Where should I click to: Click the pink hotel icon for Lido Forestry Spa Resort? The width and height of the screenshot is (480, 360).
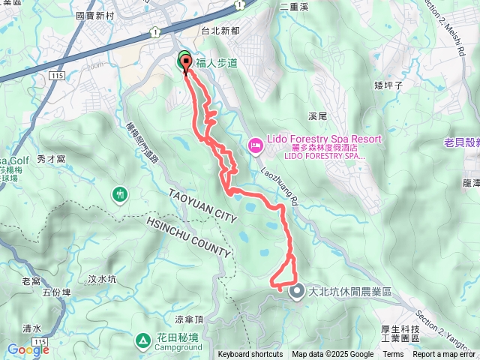[254, 143]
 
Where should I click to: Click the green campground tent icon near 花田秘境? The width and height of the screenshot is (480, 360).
[143, 340]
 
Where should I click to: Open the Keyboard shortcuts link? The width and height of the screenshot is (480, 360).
[250, 355]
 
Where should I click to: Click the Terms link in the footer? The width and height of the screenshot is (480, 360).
[393, 355]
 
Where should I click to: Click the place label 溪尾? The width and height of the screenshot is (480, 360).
[318, 116]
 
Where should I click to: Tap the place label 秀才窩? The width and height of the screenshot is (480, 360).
[52, 159]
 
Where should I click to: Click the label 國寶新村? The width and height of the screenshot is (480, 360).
[94, 14]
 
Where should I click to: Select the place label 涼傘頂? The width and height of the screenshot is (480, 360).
[210, 318]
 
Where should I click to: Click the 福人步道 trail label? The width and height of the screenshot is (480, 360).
[217, 64]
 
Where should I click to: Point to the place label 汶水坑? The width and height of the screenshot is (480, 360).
[102, 279]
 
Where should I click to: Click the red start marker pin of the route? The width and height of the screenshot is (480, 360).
[185, 64]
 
